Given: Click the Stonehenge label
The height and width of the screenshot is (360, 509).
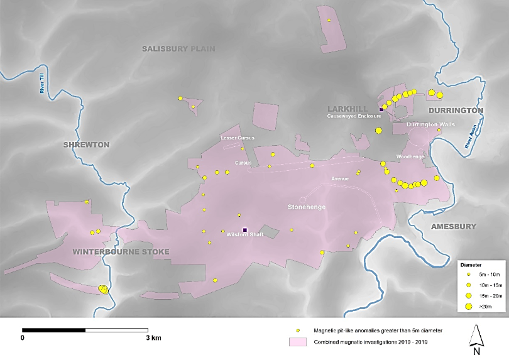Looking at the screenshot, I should [306, 207].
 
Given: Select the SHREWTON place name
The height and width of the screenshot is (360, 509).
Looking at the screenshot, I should [86, 145].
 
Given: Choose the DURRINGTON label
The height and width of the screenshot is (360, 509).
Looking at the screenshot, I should [456, 111].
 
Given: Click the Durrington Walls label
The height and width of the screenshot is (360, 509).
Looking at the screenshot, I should [430, 125].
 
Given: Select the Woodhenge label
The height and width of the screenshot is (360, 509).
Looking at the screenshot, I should [410, 156].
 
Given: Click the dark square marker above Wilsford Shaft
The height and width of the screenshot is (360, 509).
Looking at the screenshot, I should [244, 229].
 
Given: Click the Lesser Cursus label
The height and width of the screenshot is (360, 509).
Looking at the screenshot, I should [236, 138].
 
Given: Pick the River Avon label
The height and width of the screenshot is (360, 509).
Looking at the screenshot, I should [471, 137].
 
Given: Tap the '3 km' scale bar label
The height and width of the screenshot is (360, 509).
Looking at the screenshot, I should [153, 338].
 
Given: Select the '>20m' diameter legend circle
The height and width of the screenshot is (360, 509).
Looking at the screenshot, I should [469, 306].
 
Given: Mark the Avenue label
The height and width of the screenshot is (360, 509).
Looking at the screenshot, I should [340, 178].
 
